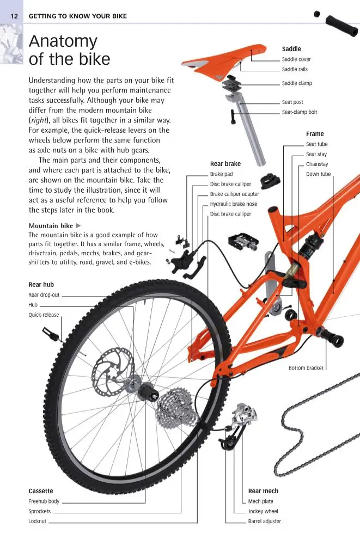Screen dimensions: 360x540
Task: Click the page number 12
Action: tap(14, 16)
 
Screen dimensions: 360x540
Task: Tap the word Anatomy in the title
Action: tap(63, 42)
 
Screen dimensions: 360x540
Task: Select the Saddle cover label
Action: tap(296, 59)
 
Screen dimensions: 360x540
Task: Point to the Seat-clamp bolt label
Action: tap(300, 112)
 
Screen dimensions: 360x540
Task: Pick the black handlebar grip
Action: tap(341, 25)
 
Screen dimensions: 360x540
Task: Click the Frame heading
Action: tap(315, 134)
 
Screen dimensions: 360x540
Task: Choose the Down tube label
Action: tap(318, 174)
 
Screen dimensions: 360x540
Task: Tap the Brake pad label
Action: tap(222, 174)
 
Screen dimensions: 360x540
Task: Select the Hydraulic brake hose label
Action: tap(234, 204)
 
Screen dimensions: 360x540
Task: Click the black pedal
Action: tap(243, 242)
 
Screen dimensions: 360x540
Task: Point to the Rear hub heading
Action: tap(41, 285)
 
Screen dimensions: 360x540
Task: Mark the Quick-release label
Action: tap(44, 315)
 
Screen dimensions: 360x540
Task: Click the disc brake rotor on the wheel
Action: tap(113, 372)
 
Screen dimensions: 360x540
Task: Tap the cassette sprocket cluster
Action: tap(178, 408)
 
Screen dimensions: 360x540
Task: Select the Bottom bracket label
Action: tap(306, 368)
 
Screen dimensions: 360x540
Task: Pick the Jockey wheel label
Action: tap(263, 511)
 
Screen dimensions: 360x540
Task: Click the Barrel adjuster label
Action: tap(265, 521)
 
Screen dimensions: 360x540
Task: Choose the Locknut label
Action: tap(37, 521)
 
